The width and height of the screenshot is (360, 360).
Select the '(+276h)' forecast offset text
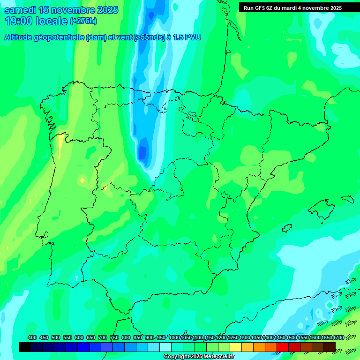point(83,21)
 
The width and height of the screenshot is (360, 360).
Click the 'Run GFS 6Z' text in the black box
point(260,8)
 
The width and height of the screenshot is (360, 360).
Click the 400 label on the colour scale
point(32,337)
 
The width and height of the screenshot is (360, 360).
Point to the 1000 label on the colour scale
point(174,337)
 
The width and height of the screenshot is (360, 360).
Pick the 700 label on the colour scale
point(103,337)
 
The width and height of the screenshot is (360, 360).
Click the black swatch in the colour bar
point(25,347)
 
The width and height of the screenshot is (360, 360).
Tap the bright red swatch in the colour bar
point(283,347)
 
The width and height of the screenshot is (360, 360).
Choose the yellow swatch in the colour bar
point(236,347)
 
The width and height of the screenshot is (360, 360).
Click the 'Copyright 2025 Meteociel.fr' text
point(199,357)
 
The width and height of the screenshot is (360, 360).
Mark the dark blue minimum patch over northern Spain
point(142,152)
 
